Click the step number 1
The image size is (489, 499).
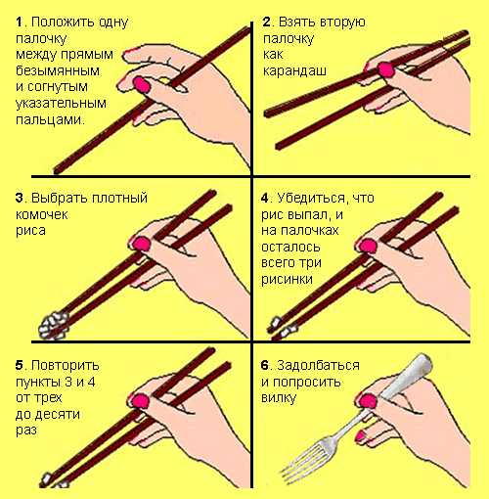tap(20, 23)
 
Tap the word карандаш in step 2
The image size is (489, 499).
tap(294, 70)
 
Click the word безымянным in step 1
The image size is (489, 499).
tap(58, 70)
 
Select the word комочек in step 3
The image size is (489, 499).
tap(42, 214)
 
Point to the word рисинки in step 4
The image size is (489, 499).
tap(287, 279)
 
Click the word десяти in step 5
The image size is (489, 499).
tap(48, 414)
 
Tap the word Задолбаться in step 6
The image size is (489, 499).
tap(318, 365)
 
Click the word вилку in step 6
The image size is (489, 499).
tap(279, 398)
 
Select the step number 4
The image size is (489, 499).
tap(265, 198)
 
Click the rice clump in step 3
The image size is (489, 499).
tap(54, 325)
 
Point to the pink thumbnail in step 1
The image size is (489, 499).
tap(142, 85)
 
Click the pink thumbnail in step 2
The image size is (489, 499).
tap(386, 69)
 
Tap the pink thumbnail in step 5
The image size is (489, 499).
tap(140, 401)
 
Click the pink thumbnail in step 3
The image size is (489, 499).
tap(142, 244)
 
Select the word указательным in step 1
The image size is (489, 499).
tap(61, 104)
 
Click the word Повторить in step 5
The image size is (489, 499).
tap(66, 365)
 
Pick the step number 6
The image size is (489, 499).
tap(265, 365)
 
